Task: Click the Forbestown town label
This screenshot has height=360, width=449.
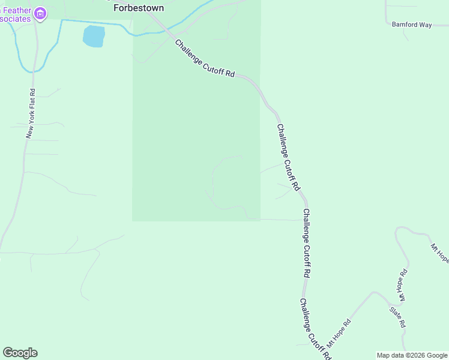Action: (139, 8)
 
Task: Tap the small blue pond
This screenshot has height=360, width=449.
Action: (93, 36)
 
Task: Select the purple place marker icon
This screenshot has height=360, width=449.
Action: (40, 13)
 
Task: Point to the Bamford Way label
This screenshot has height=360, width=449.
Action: (412, 25)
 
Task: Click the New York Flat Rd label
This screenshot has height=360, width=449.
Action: (31, 114)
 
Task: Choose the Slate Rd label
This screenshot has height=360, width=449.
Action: (398, 317)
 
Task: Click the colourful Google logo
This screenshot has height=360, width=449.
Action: (20, 353)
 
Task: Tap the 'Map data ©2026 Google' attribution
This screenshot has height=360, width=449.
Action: (412, 355)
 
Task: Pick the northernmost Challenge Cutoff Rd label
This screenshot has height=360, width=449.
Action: (205, 58)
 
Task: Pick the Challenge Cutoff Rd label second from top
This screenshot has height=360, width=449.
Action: (288, 157)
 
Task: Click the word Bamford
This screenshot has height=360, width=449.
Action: (404, 25)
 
